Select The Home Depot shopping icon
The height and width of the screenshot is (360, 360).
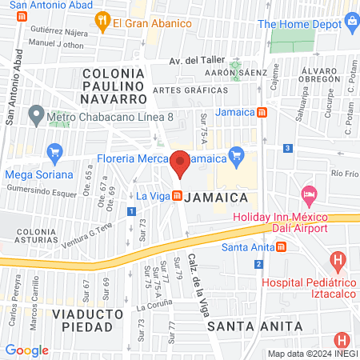coord(353,24)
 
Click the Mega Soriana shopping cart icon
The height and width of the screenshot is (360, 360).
coord(54,152)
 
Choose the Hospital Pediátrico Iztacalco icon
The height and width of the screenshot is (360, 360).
coord(339,260)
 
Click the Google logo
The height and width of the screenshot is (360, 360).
coord(27,350)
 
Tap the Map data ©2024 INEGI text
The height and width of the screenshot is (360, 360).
coord(311,354)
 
